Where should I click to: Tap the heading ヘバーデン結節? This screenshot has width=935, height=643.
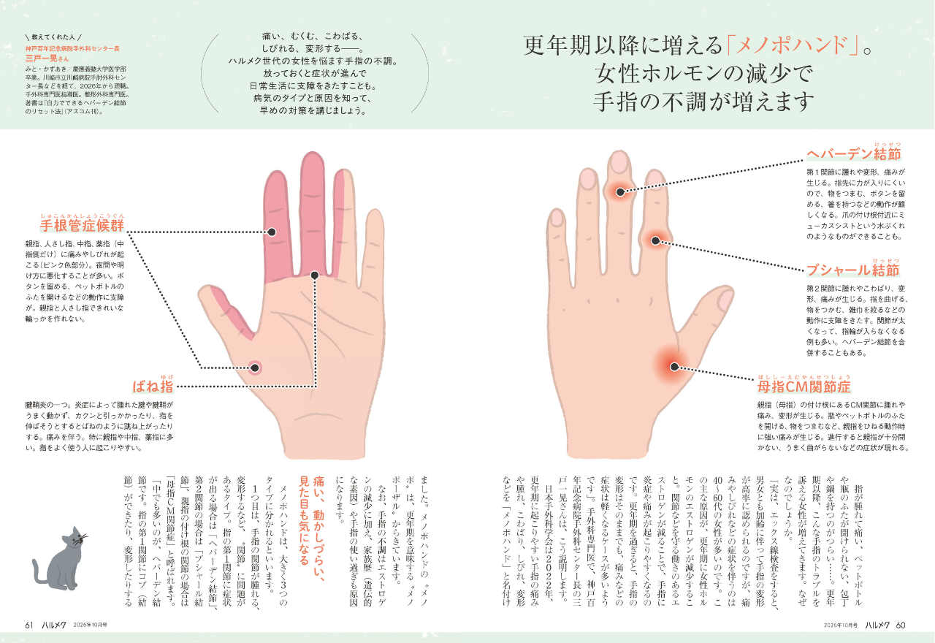[854, 154]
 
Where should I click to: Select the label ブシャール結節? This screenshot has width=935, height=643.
[852, 270]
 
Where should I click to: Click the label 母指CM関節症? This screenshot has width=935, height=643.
[804, 387]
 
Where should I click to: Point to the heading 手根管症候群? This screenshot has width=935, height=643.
[83, 226]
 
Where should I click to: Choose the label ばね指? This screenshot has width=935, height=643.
[153, 387]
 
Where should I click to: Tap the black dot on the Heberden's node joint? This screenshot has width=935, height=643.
[620, 192]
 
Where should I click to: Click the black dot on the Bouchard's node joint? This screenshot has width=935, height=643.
[655, 240]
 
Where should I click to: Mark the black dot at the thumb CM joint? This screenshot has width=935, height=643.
[674, 367]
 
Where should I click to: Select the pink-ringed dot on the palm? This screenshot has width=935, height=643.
[255, 368]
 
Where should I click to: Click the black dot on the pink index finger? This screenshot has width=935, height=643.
[272, 232]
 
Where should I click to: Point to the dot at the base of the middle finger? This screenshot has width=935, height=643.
[315, 275]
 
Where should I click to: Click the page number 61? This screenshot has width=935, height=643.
[28, 625]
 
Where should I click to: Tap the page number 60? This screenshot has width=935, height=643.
[901, 625]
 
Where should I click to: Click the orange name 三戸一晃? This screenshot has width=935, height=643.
[41, 58]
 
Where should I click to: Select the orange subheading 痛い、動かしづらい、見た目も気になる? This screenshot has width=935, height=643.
[312, 528]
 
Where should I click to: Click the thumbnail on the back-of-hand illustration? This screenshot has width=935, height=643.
[726, 300]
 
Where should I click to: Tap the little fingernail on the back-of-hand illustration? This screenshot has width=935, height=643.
[557, 218]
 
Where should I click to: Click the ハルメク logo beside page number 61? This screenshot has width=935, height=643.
[54, 625]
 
